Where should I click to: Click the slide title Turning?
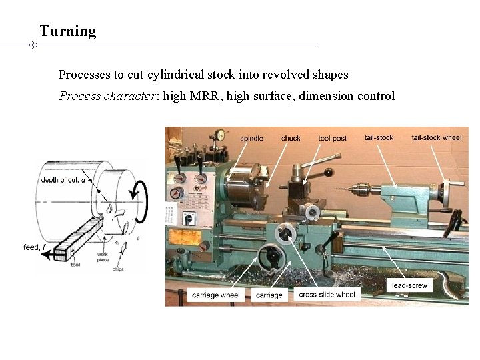point(68,31)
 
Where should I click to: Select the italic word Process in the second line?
point(80,96)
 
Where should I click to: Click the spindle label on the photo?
point(251,139)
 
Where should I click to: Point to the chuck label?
point(291,139)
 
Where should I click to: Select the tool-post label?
point(333,138)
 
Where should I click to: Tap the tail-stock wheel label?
point(436,137)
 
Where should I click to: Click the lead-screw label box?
point(410,285)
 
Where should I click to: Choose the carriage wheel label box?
point(215,295)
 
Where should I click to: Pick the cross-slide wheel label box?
point(327,294)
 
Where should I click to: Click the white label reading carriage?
point(269,295)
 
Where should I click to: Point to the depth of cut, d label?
point(64,180)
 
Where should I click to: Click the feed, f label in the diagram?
point(35,248)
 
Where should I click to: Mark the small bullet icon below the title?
point(31,45)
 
